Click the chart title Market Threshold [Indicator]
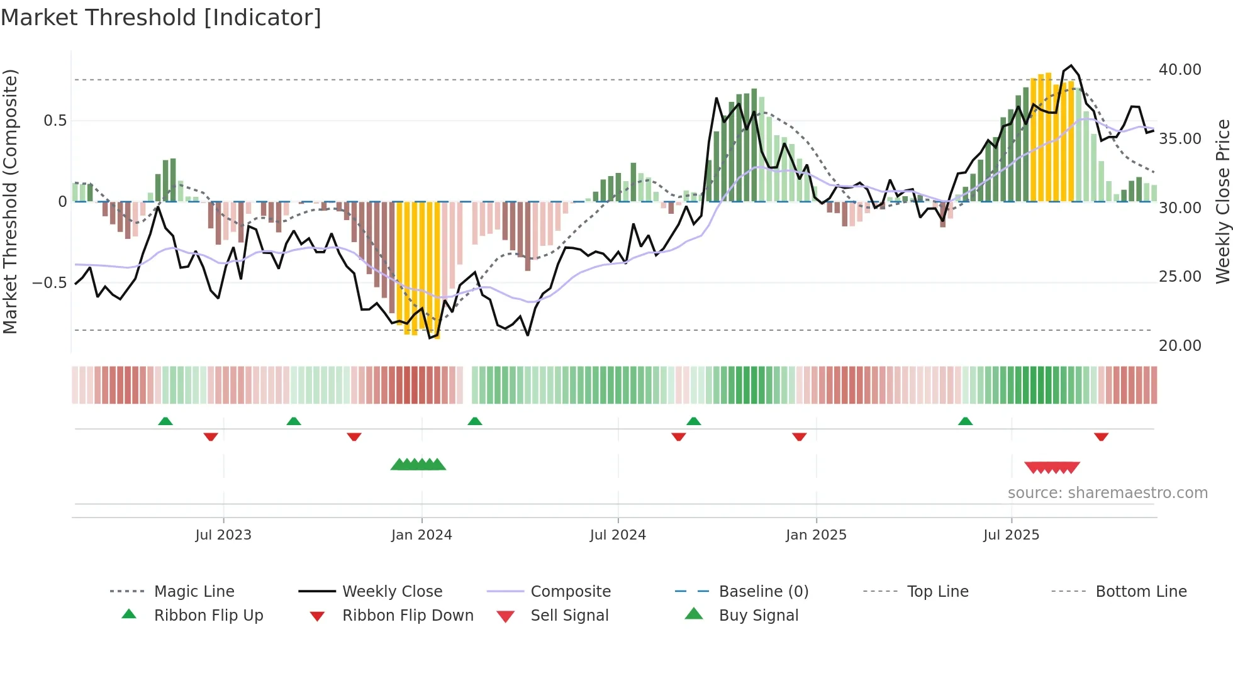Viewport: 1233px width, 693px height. (x=161, y=18)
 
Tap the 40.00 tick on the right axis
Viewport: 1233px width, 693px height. (x=1180, y=70)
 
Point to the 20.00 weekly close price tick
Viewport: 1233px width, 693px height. (x=1180, y=345)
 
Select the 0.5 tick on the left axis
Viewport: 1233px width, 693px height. (x=55, y=121)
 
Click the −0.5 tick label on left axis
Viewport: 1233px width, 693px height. (x=49, y=283)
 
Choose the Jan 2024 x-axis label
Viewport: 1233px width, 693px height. (x=421, y=535)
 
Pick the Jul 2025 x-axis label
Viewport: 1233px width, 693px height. (x=1011, y=535)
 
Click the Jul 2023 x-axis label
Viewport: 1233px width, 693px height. (x=223, y=535)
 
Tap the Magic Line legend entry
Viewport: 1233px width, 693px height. (x=194, y=592)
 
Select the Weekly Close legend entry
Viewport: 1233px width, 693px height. (x=392, y=592)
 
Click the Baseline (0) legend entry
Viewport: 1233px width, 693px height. (x=763, y=592)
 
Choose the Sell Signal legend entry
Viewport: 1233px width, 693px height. (x=569, y=616)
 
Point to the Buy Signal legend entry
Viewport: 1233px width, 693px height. (x=758, y=616)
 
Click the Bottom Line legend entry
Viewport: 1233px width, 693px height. (x=1141, y=592)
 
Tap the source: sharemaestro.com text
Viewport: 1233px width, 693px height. (x=1107, y=493)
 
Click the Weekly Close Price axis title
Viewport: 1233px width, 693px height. (x=1222, y=201)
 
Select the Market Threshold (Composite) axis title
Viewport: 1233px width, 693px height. (x=10, y=201)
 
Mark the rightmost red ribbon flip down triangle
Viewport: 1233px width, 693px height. (x=1101, y=436)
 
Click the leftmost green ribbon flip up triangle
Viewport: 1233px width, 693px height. (x=165, y=421)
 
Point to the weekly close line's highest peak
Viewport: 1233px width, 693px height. (x=1071, y=65)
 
